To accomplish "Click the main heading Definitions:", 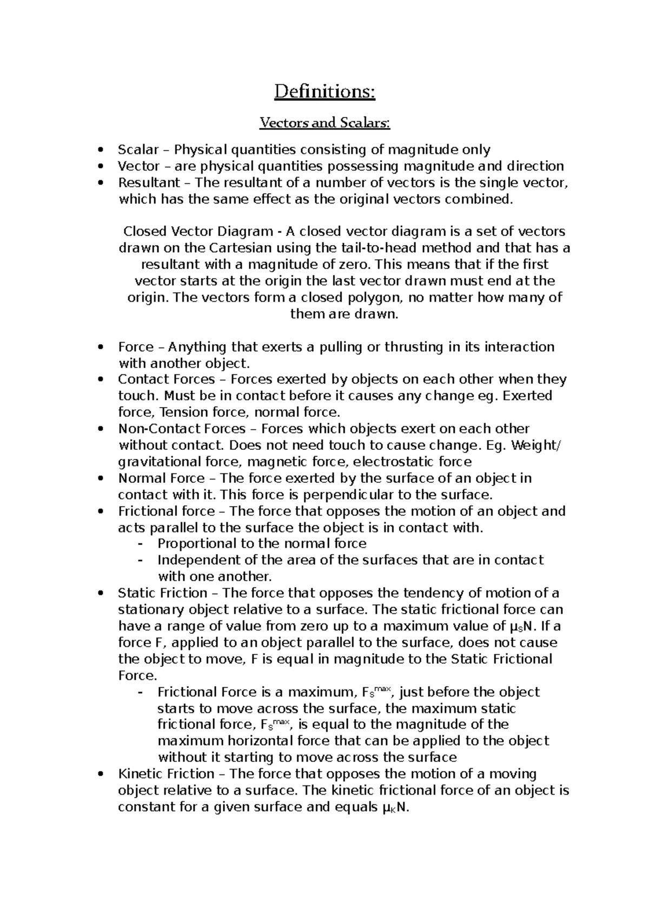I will pyautogui.click(x=325, y=91).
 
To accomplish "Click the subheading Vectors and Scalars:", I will pyautogui.click(x=325, y=123).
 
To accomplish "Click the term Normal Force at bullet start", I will pyautogui.click(x=161, y=478).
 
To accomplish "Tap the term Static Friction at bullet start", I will pyautogui.click(x=163, y=593).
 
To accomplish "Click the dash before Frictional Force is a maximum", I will pyautogui.click(x=141, y=693).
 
